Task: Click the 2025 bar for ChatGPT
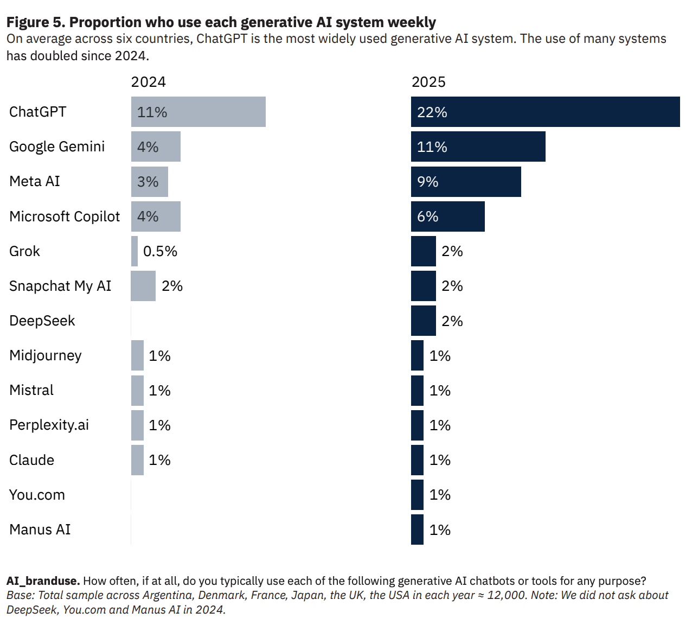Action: point(545,112)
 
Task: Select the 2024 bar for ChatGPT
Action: point(198,112)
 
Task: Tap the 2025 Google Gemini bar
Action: point(478,146)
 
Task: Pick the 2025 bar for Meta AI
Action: point(466,181)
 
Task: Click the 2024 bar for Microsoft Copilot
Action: point(156,216)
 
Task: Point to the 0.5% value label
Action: point(160,251)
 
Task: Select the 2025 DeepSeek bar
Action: point(423,321)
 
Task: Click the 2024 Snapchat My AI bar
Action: point(143,286)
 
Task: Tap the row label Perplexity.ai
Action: point(49,425)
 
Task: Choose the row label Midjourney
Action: point(46,355)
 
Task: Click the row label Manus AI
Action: point(40,530)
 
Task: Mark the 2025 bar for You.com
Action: point(417,495)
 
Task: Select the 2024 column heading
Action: point(149,82)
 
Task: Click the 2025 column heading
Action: point(428,82)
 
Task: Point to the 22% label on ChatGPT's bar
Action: point(432,112)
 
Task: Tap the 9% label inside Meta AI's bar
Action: point(427,182)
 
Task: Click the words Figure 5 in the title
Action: point(35,22)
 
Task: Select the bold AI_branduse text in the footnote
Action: point(43,581)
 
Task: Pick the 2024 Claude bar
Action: point(137,460)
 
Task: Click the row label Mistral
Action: point(31,390)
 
